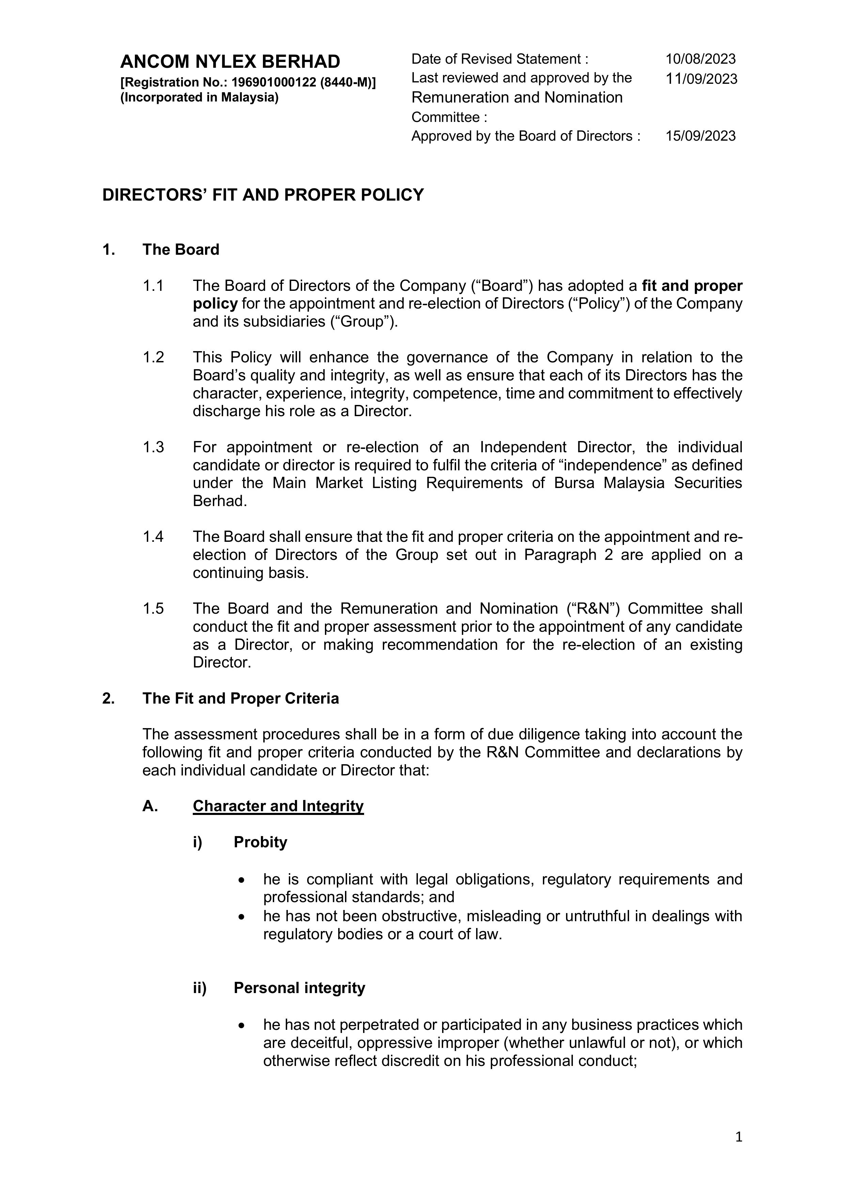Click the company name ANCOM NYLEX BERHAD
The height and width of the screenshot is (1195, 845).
coord(230,62)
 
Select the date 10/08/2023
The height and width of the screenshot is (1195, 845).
coord(700,59)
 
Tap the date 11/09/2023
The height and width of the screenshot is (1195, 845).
coord(701,79)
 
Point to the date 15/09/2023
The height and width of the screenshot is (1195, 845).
coord(700,136)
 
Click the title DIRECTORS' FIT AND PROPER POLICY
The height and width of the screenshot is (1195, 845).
coord(263,195)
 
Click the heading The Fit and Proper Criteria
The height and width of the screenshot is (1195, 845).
coord(240,698)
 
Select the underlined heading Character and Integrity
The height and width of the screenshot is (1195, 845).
coord(278,806)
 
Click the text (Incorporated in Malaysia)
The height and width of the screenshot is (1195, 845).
coord(199,98)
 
